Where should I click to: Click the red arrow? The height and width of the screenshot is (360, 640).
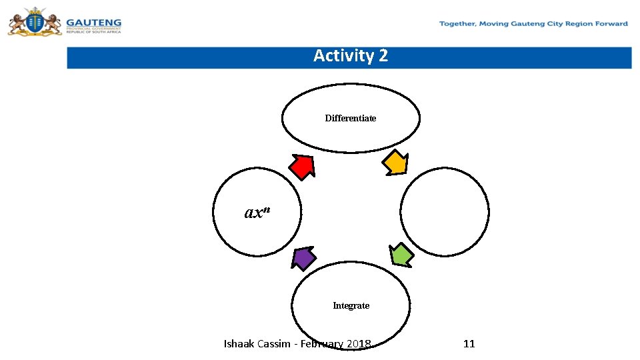click(x=303, y=166)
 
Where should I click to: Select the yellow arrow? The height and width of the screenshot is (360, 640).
click(x=396, y=163)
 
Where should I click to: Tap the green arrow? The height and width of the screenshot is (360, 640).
click(x=401, y=255)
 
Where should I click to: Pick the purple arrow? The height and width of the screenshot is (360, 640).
click(x=303, y=257)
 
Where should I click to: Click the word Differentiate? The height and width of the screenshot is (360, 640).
click(x=351, y=118)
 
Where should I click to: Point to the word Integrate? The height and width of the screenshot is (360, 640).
click(x=351, y=305)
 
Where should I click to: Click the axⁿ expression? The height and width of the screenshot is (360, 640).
click(x=257, y=212)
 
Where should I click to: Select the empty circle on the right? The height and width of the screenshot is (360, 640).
click(x=445, y=212)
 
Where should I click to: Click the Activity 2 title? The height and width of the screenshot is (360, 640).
click(x=350, y=55)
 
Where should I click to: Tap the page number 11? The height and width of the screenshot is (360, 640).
click(x=469, y=344)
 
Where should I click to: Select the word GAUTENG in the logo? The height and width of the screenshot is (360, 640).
click(x=93, y=22)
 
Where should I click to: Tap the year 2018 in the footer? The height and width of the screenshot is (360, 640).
click(x=359, y=344)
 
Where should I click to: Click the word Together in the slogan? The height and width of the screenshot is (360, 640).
click(x=458, y=24)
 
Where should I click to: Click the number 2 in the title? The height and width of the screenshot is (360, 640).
click(x=382, y=55)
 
